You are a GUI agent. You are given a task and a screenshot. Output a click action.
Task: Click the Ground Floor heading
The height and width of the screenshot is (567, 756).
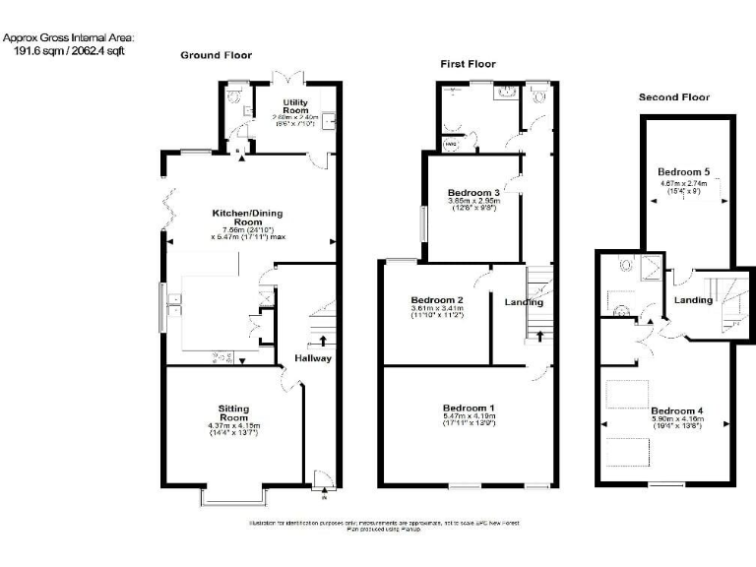pyautogui.click(x=216, y=55)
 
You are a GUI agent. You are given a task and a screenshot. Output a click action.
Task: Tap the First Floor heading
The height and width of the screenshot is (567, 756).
pyautogui.click(x=468, y=64)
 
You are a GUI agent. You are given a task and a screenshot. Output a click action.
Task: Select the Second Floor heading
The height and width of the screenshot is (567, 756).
pyautogui.click(x=674, y=97)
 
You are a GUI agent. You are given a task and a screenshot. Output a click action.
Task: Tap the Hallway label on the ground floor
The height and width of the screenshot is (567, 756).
pyautogui.click(x=313, y=358)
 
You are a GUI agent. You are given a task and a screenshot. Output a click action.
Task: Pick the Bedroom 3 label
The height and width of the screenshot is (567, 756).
pyautogui.click(x=472, y=191)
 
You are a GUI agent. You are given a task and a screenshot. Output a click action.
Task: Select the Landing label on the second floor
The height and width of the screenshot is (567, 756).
pyautogui.click(x=693, y=300)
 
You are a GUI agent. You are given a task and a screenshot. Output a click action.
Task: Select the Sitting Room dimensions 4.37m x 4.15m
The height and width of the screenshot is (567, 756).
pyautogui.click(x=233, y=425)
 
